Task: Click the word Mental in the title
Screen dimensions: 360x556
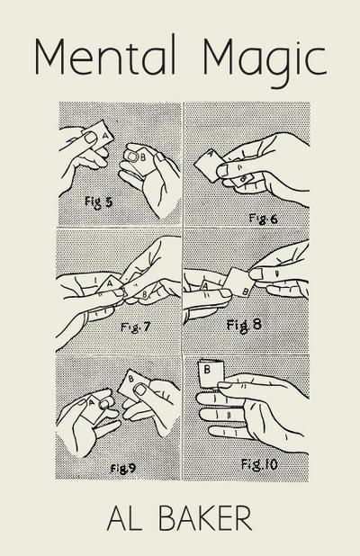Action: tap(105, 56)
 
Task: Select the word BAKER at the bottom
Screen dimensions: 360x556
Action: tap(204, 518)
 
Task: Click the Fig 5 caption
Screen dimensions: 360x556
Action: tap(98, 202)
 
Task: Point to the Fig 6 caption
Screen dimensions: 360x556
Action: tap(263, 218)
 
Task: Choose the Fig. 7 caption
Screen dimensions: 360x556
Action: tap(135, 327)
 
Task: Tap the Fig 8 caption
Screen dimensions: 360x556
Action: tap(244, 325)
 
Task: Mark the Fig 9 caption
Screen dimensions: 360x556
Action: tap(122, 469)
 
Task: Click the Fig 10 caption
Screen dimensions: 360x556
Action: tap(259, 464)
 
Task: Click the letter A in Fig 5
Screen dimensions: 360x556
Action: tap(105, 135)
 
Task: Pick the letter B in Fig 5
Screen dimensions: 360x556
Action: tap(143, 157)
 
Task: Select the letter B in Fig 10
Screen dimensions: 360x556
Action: tap(207, 370)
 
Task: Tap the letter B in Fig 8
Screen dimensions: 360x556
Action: tap(245, 291)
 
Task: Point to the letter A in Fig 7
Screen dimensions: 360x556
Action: tap(110, 283)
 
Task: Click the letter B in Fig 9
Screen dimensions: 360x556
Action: tap(130, 379)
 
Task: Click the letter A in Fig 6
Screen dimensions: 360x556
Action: tap(210, 153)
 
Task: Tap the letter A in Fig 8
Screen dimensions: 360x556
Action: tap(204, 286)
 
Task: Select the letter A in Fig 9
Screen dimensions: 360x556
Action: tap(91, 403)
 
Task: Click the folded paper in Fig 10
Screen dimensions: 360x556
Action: tap(211, 373)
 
